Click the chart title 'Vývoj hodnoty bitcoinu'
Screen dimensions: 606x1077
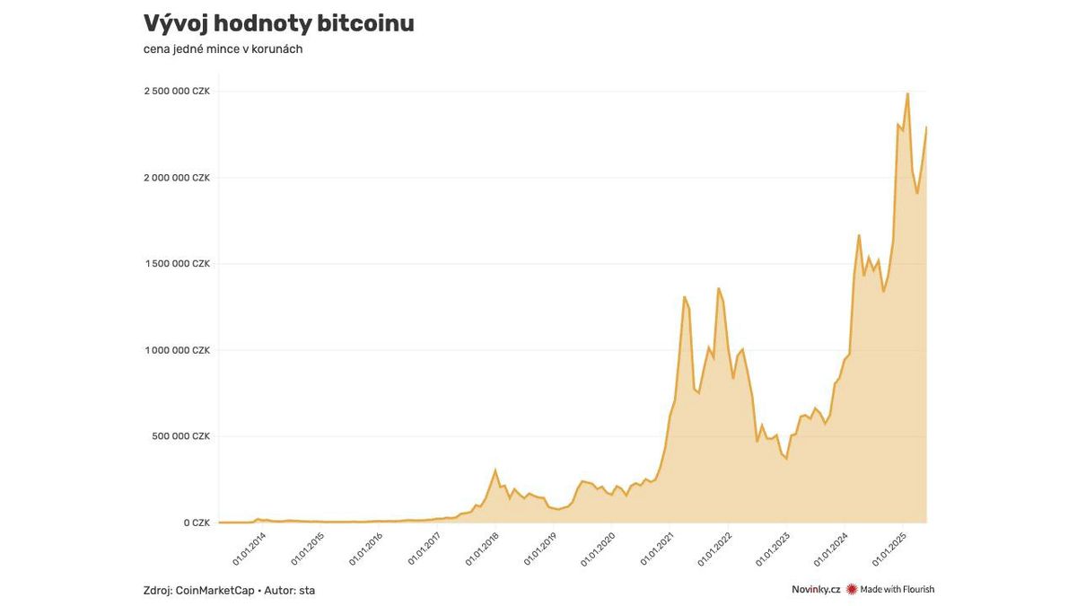(278, 24)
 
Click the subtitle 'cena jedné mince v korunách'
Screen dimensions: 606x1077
(223, 49)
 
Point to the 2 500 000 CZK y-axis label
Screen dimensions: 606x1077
(177, 92)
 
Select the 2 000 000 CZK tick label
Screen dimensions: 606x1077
(177, 178)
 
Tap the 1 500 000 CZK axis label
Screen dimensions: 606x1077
(177, 264)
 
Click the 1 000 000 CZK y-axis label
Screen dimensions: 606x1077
(177, 350)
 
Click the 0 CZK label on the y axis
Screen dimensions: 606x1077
(197, 523)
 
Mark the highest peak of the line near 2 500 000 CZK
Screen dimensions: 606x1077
(907, 93)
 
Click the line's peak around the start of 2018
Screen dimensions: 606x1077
(495, 470)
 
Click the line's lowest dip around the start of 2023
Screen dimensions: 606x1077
(787, 460)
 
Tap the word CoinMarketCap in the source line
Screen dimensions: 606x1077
(215, 590)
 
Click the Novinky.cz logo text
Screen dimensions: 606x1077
(815, 590)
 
